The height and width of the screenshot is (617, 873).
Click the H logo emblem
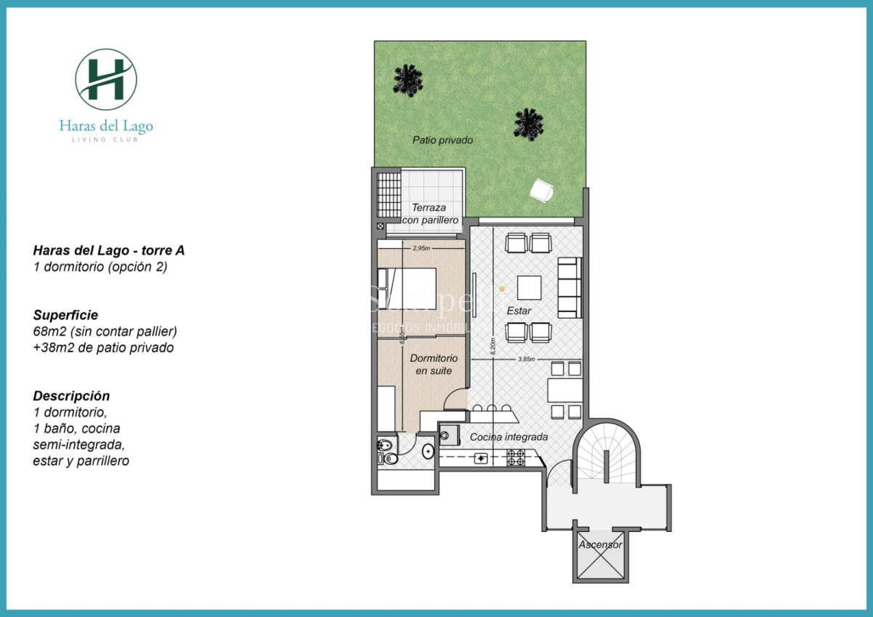pyautogui.click(x=106, y=79)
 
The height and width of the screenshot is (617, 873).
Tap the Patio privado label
pyautogui.click(x=442, y=140)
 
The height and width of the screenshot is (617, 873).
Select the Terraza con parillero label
pyautogui.click(x=431, y=213)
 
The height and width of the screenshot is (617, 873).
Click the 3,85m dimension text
pyautogui.click(x=526, y=359)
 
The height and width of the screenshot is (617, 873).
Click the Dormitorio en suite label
pyautogui.click(x=434, y=365)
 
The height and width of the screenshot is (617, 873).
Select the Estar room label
pyautogui.click(x=519, y=311)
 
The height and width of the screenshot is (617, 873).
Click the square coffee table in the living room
pyautogui.click(x=529, y=287)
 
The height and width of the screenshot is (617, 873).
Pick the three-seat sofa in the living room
pyautogui.click(x=569, y=287)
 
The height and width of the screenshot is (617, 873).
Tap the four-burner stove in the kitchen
pyautogui.click(x=516, y=458)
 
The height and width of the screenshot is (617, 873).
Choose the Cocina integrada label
pyautogui.click(x=509, y=437)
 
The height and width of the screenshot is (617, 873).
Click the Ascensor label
pyautogui.click(x=600, y=544)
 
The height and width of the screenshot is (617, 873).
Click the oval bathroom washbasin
pyautogui.click(x=428, y=451)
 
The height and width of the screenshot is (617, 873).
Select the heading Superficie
pyautogui.click(x=65, y=315)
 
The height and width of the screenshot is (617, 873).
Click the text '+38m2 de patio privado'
pyautogui.click(x=103, y=348)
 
